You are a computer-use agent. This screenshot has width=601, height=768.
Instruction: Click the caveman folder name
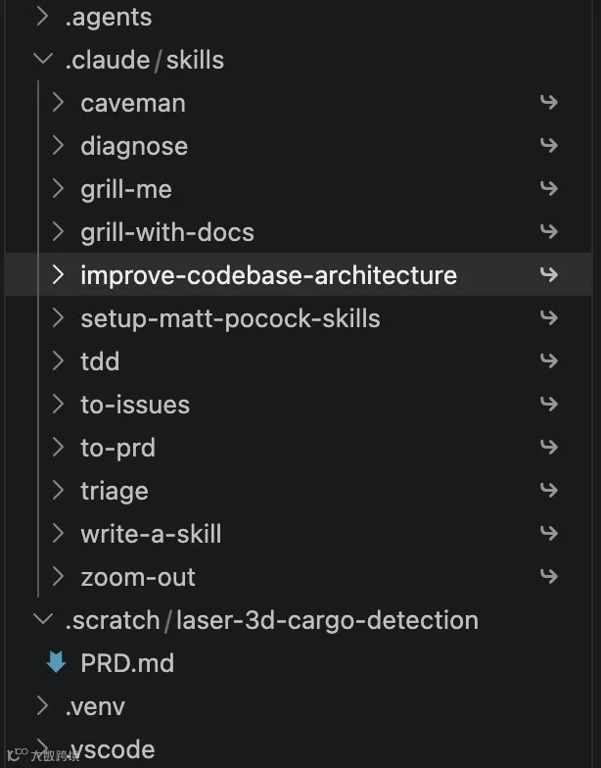133,104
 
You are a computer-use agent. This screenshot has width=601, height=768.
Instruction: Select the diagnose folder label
134,147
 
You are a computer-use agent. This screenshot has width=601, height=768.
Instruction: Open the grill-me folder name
126,190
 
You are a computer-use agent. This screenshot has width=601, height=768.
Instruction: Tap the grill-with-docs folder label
167,233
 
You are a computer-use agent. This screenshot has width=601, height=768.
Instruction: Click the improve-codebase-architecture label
268,275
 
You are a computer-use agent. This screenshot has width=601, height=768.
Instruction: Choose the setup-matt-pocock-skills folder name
231,319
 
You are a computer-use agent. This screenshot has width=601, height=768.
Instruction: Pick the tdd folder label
100,361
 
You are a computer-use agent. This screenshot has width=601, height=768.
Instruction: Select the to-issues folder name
135,405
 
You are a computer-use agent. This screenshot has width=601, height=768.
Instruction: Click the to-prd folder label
117,449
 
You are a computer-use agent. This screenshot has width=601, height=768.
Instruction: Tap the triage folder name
115,492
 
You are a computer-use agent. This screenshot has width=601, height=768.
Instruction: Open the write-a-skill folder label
151,534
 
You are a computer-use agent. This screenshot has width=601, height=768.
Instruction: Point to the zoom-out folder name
138,577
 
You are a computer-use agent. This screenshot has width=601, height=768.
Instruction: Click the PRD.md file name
127,663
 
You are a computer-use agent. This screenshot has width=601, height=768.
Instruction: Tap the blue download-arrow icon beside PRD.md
57,662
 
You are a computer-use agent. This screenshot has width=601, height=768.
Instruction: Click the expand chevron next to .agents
43,16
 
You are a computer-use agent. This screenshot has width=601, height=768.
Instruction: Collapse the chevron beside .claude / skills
43,59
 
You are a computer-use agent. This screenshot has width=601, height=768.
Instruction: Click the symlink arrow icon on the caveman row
548,102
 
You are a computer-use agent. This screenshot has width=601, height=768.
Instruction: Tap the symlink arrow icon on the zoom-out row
548,576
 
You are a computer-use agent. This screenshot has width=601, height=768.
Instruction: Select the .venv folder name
96,707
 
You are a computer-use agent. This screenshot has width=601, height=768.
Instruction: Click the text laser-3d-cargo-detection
327,620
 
